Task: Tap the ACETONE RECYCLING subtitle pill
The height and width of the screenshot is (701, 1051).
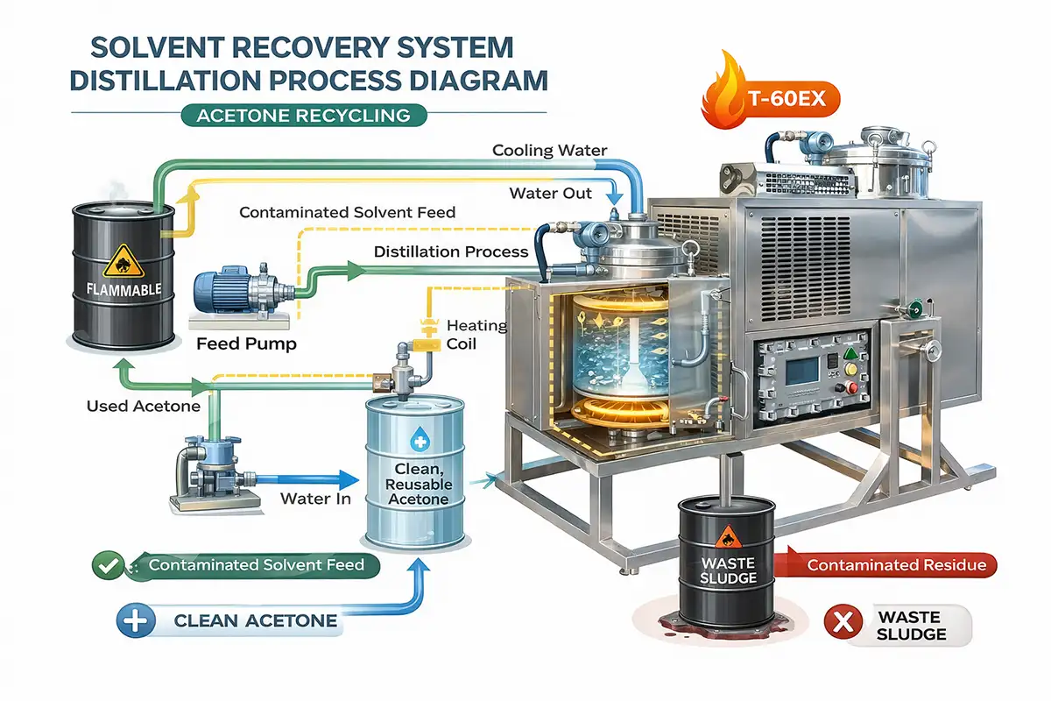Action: (303, 115)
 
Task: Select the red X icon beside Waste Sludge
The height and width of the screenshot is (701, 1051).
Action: (843, 624)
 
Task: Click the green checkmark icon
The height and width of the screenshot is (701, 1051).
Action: (107, 565)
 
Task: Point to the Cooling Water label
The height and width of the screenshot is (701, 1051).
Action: (549, 150)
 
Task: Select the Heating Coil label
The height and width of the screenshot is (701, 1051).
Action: (476, 335)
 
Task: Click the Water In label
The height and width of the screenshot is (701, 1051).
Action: (316, 499)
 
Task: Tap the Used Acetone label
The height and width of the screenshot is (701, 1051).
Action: (144, 406)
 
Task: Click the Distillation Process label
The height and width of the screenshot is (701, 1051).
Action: (451, 251)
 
